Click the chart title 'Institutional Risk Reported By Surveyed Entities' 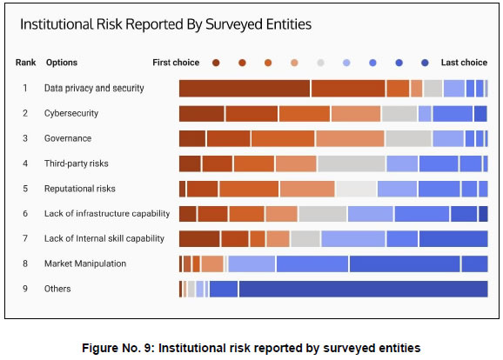(165, 23)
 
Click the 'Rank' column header (25, 63)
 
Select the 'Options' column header (61, 63)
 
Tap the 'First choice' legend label (176, 63)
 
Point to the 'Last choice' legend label (464, 63)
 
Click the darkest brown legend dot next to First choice (216, 63)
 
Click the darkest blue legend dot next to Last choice (425, 63)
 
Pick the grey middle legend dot (320, 63)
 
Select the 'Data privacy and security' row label (94, 88)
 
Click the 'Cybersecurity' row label (71, 113)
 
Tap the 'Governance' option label (68, 138)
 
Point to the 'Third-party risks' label (77, 163)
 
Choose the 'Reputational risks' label (80, 189)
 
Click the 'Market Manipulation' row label (85, 263)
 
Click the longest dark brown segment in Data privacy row (245, 88)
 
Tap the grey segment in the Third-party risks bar (352, 163)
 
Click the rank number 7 (25, 238)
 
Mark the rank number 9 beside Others (25, 289)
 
